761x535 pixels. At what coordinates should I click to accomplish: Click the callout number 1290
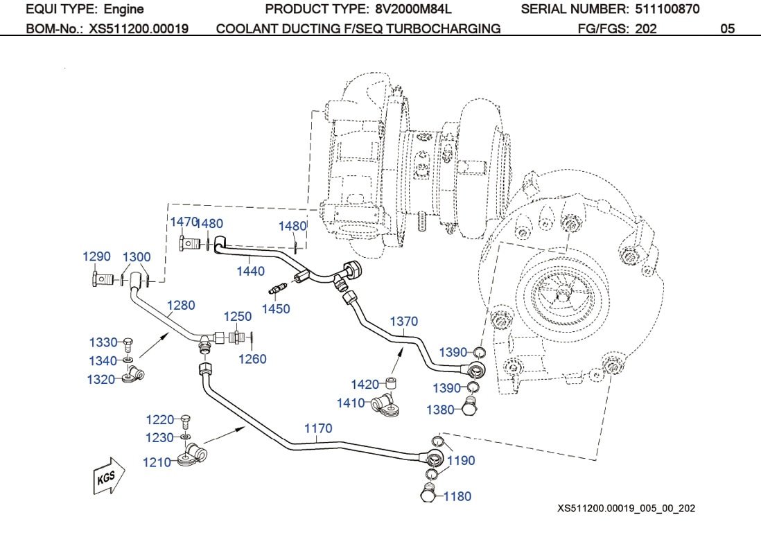[96, 256]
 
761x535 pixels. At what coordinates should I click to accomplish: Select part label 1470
[184, 221]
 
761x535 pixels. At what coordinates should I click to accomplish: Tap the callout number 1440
[250, 271]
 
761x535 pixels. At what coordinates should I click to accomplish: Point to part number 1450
[276, 308]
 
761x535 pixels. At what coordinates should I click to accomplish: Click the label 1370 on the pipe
[404, 322]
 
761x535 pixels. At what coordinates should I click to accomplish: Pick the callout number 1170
[318, 429]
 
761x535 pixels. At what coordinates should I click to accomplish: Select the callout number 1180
[457, 496]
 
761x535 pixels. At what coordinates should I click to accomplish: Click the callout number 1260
[252, 359]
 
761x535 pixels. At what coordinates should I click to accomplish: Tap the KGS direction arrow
[108, 477]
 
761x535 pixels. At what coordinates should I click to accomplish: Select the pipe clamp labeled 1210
[192, 457]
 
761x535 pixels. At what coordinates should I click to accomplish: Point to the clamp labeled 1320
[132, 376]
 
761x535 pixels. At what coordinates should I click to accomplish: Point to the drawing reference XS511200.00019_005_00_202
[626, 509]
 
